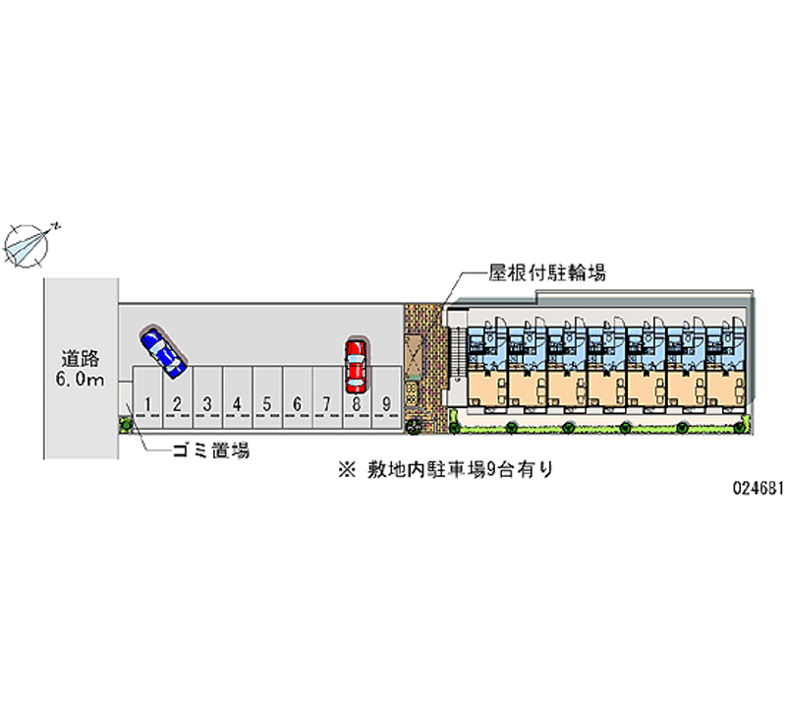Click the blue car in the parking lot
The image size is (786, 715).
click(163, 350)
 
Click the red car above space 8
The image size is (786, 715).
click(356, 365)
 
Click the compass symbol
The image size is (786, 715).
click(29, 243)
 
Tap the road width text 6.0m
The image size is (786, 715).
click(81, 381)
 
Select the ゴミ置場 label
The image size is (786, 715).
click(209, 450)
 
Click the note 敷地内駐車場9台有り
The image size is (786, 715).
click(456, 470)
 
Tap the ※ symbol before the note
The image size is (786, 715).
click(345, 470)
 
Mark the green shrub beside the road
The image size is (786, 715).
click(125, 424)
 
